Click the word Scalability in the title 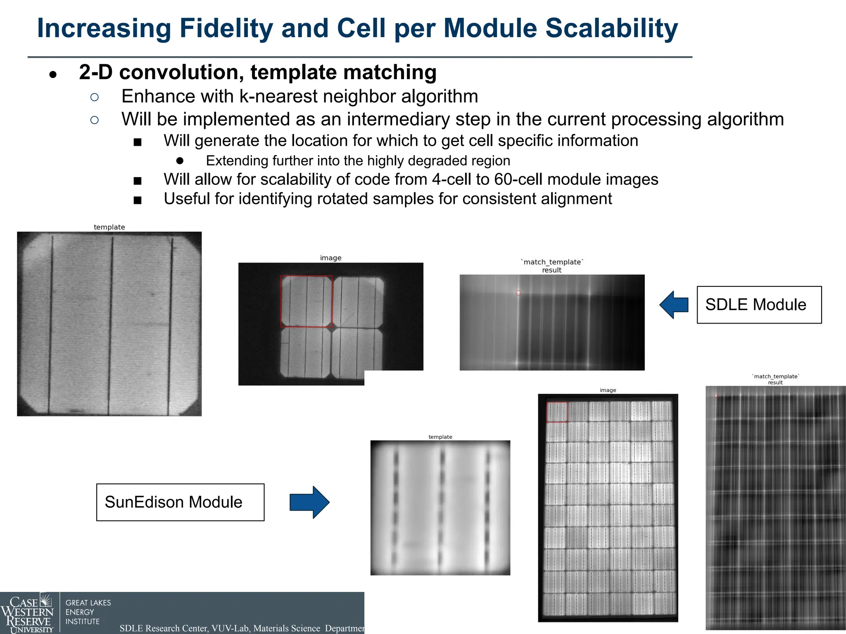[611, 29]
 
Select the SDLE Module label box [759, 305]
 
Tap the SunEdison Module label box [180, 502]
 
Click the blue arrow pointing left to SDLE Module [674, 305]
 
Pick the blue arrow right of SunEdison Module [309, 502]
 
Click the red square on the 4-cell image [307, 301]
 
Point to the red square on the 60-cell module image [557, 412]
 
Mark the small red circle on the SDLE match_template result [518, 293]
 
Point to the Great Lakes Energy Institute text [88, 612]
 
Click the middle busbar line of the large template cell [110, 324]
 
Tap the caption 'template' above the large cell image [109, 227]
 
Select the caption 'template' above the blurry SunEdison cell [440, 437]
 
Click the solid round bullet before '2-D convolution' [52, 75]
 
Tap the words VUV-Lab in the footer [231, 628]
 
